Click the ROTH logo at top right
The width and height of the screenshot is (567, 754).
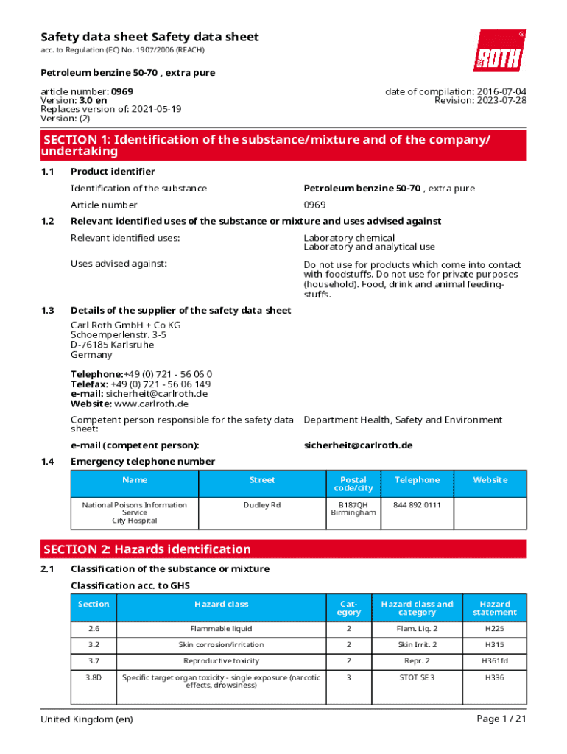pos(499,51)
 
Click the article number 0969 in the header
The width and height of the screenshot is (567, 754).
pos(122,91)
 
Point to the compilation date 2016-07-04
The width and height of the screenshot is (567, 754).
pos(500,91)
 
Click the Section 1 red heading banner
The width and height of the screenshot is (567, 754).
pos(283,146)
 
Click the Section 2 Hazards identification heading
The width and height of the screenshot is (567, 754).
pos(147,549)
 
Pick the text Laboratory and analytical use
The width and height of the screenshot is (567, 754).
pos(369,247)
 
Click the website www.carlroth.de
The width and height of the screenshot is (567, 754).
pos(152,404)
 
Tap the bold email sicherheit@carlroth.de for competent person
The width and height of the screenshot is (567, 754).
pos(358,445)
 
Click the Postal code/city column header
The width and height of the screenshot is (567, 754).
pos(353,484)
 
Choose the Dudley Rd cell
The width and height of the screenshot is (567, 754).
pos(262,505)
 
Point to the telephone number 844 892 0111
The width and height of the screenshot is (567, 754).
pos(417,505)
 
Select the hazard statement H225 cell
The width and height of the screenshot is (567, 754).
pos(494,629)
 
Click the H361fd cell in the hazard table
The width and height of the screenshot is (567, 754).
pos(494,660)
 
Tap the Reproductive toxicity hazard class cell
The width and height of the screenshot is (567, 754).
pos(221,660)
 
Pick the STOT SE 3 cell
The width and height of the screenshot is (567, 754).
pos(417,677)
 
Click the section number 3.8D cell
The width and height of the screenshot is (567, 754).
pos(94,677)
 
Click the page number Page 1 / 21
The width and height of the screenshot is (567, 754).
pos(501,719)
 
